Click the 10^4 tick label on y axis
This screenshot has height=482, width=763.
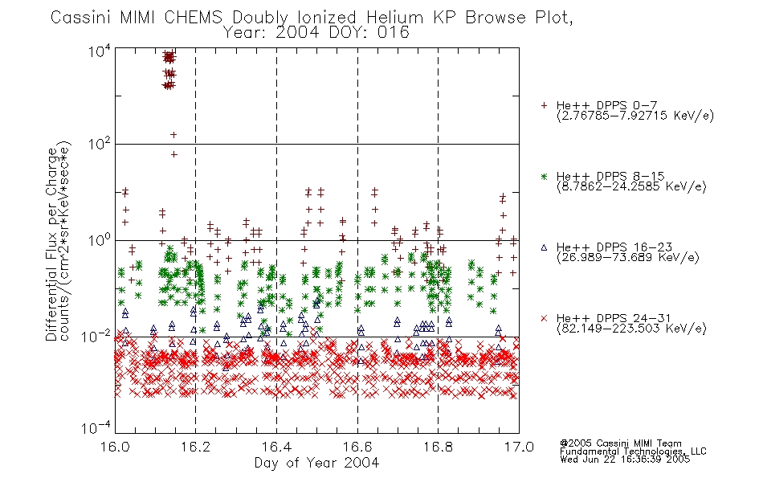coord(100,51)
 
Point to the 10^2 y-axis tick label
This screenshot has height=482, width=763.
coord(100,144)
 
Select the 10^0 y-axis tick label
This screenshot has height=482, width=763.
coord(100,240)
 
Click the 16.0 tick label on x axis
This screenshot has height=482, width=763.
coord(115,447)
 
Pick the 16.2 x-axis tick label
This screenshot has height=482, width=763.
coord(196,447)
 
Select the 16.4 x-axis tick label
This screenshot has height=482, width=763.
coord(276,447)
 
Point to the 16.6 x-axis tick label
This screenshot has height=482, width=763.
coord(357,447)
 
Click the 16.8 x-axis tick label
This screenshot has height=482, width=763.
coord(438,447)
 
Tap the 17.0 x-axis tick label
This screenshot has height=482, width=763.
coord(519,447)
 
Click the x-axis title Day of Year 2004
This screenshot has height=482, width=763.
coord(316,463)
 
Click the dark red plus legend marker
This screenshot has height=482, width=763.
coord(544,105)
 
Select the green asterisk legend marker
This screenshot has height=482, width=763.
coord(544,176)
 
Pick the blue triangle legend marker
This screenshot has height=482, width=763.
coord(544,247)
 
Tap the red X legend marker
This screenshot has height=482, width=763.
coord(544,318)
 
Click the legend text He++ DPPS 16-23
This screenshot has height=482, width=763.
coord(614,247)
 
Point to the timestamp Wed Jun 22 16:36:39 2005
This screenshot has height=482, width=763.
coord(625,459)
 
